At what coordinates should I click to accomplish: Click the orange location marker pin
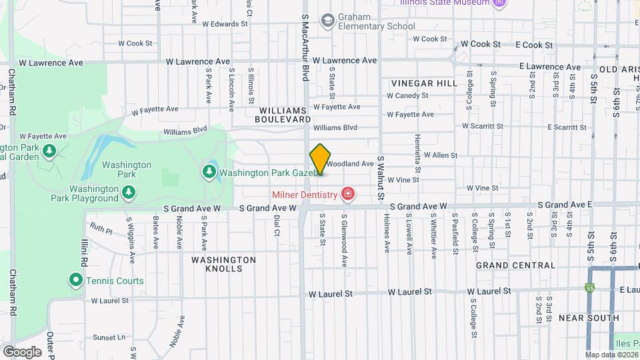(x=320, y=160)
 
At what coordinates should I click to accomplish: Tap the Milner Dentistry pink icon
(x=347, y=194)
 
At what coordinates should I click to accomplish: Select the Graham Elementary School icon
(x=327, y=21)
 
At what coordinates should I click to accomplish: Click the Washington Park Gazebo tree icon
(x=209, y=172)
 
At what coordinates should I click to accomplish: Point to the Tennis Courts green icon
(x=76, y=280)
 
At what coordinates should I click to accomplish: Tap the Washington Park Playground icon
(x=129, y=193)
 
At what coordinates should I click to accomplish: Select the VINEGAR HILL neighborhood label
(x=425, y=83)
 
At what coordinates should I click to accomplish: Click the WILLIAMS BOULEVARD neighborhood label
(x=283, y=114)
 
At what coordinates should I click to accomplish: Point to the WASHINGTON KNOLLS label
(x=224, y=264)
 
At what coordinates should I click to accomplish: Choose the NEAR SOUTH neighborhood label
(x=589, y=317)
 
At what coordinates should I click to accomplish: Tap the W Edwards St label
(x=225, y=23)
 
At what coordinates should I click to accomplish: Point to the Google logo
(x=22, y=351)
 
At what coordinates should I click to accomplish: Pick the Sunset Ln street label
(x=109, y=337)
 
